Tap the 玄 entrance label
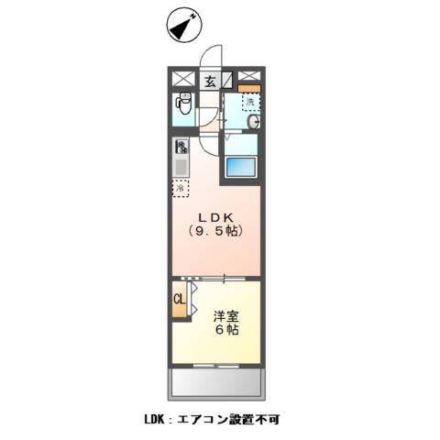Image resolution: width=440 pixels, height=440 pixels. tap(210, 81)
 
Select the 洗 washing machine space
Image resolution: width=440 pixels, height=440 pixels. tap(249, 102)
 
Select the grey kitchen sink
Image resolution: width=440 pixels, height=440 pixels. tap(181, 168)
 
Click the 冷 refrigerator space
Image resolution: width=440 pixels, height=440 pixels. tap(181, 189)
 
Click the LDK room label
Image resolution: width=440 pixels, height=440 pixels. tap(216, 216)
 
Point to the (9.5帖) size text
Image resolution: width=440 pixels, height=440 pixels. tap(216, 231)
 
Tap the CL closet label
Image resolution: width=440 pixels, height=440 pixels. tap(180, 299)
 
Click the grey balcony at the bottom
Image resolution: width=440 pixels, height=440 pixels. tap(216, 379)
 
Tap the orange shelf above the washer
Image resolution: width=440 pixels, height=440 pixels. tap(249, 88)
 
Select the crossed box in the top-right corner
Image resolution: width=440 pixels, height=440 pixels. tap(248, 78)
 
